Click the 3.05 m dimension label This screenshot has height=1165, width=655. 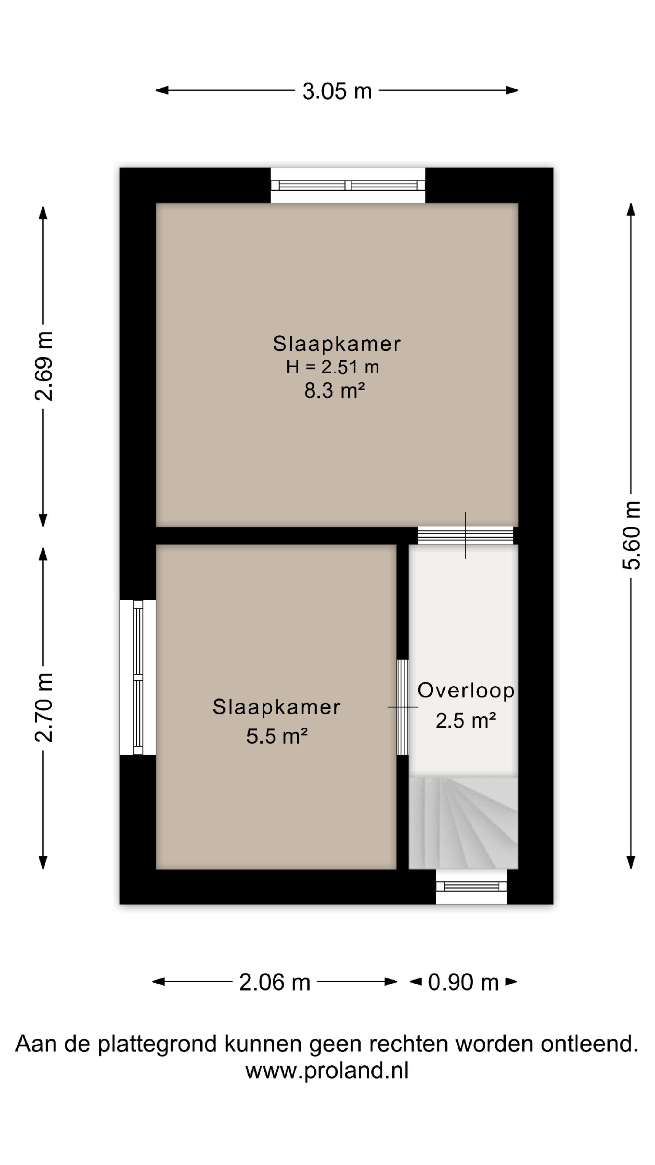click(x=337, y=91)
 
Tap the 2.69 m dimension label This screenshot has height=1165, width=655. click(x=44, y=366)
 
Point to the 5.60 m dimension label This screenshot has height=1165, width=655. click(x=631, y=535)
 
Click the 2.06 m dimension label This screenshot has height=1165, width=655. click(x=274, y=982)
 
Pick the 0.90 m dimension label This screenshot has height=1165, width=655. click(x=463, y=982)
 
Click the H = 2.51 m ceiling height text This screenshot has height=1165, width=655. click(x=332, y=367)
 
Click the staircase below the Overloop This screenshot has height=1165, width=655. click(x=463, y=823)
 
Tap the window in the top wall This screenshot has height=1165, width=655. click(x=348, y=185)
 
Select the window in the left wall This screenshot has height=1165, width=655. click(x=138, y=677)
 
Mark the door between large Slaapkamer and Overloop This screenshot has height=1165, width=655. click(x=465, y=535)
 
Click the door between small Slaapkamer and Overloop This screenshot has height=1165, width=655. click(x=402, y=707)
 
